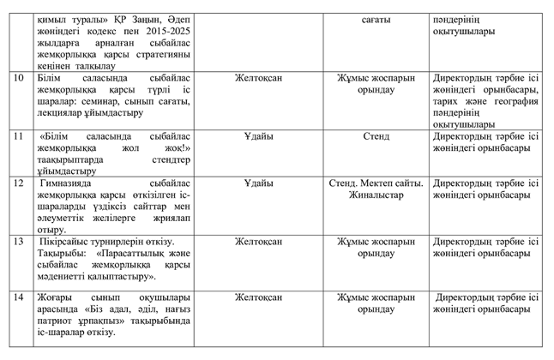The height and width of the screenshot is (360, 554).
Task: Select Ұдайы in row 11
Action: coord(258,135)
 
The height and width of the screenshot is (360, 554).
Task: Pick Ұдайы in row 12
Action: coord(258,183)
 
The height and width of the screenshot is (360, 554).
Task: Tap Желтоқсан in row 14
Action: coord(258,297)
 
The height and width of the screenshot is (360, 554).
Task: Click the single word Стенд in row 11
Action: coord(376,135)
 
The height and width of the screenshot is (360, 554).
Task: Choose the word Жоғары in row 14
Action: coord(57,297)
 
